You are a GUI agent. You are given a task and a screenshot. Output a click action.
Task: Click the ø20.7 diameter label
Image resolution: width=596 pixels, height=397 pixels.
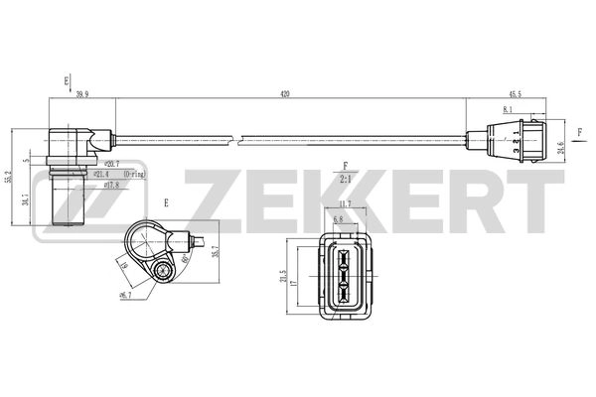tap(109, 163)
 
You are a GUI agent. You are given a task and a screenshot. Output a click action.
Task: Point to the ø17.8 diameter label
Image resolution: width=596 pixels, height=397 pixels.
tap(109, 183)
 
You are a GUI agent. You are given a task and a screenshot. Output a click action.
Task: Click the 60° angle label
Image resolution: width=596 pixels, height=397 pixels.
tap(185, 260)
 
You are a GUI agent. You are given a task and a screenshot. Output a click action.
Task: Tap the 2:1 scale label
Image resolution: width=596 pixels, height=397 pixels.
tap(345, 180)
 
